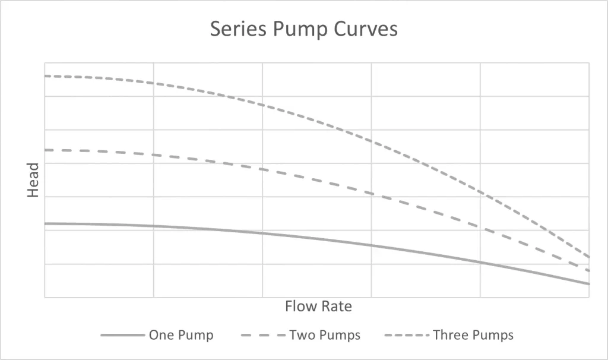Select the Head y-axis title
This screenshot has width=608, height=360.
click(x=33, y=181)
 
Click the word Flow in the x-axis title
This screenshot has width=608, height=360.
click(x=300, y=307)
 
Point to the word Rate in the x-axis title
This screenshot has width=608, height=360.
click(x=337, y=307)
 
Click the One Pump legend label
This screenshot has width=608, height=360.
click(x=180, y=335)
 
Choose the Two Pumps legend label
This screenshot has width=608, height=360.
click(x=325, y=335)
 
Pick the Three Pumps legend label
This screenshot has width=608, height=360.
click(x=473, y=335)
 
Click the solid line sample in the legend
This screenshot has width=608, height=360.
click(x=122, y=335)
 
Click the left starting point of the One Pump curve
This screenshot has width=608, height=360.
click(x=45, y=223)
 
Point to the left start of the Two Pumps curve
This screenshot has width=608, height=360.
click(x=45, y=150)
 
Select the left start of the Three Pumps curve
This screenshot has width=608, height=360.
click(x=45, y=76)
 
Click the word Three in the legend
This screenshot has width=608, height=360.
click(x=451, y=335)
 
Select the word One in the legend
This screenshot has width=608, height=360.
click(x=160, y=335)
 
